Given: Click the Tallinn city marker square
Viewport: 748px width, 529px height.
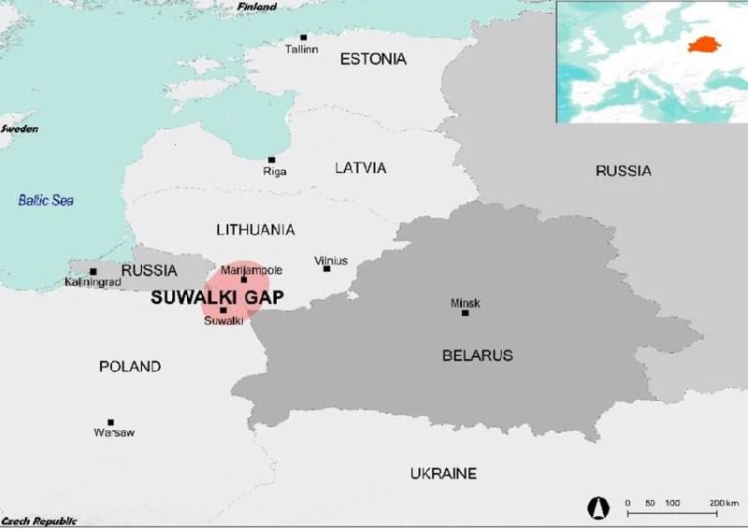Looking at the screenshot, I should [303, 37].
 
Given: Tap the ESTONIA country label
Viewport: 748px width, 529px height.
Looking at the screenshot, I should [373, 59].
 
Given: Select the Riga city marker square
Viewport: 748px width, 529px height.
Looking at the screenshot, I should [272, 160].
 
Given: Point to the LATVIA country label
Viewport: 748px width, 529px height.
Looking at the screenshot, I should [360, 168].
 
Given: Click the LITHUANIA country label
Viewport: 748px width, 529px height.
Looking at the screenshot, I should [255, 229].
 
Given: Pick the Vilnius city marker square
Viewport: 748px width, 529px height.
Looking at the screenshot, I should [326, 268].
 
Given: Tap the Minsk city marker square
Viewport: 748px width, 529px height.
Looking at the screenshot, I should [465, 312].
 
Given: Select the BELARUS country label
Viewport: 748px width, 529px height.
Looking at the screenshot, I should [477, 355].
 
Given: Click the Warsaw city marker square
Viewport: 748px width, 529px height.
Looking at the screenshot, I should [110, 422].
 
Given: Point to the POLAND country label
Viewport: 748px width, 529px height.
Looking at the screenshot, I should [130, 366].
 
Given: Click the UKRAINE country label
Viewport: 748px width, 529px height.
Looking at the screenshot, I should [443, 474].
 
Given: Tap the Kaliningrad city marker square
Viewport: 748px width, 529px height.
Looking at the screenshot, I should [93, 271].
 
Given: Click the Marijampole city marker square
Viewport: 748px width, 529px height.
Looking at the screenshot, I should [244, 279].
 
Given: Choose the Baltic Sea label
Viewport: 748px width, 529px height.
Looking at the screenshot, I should [46, 200].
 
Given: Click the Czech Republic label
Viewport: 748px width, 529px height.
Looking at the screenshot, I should [39, 521].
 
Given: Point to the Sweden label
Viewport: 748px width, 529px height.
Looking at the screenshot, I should [20, 128].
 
